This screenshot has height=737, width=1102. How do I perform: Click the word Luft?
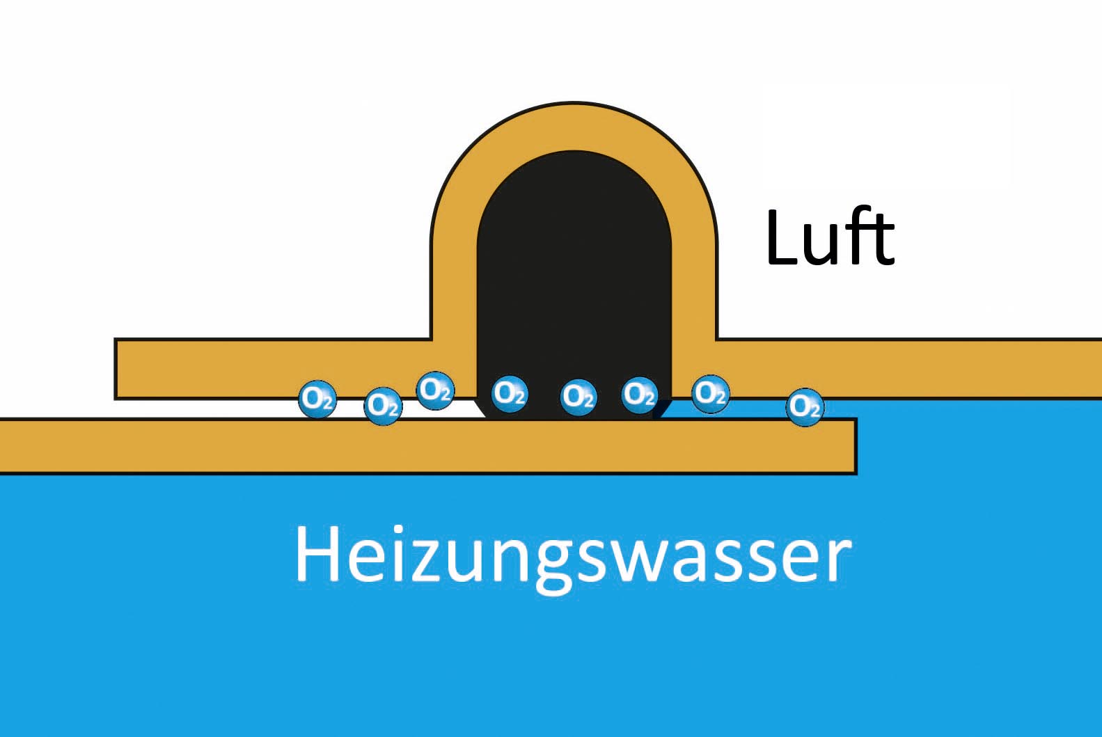click(x=829, y=239)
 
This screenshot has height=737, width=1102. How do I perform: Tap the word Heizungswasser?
click(x=572, y=555)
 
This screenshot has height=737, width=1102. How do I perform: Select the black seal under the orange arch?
click(x=574, y=278)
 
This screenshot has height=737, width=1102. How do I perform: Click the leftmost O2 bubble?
click(x=317, y=399)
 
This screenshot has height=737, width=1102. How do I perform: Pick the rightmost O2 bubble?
click(x=805, y=406)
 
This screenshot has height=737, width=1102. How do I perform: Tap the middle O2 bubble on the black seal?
click(x=578, y=397)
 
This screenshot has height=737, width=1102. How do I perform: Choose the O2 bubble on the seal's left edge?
click(x=509, y=394)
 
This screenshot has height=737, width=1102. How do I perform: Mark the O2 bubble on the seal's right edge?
click(x=639, y=394)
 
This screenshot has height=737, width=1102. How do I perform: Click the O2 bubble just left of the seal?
click(x=435, y=390)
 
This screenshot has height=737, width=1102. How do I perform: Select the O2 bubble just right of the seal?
click(x=710, y=393)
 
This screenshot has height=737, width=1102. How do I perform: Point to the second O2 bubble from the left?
click(x=383, y=405)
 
